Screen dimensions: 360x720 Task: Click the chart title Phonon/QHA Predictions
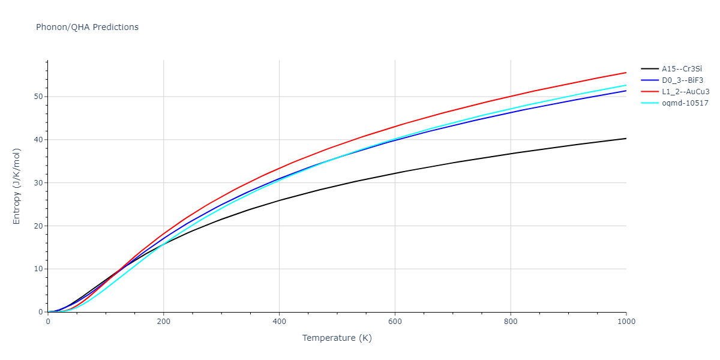(x=87, y=27)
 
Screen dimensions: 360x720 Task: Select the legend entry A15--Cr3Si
(x=681, y=69)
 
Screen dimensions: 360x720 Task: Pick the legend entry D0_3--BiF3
(x=681, y=80)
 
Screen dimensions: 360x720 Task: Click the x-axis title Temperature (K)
(x=337, y=338)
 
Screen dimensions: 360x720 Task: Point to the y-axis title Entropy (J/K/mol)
(x=17, y=186)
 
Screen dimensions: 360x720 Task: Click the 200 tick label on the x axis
(x=164, y=322)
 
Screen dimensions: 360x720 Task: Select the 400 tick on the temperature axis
(x=279, y=322)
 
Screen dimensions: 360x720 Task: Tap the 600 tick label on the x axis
(x=395, y=322)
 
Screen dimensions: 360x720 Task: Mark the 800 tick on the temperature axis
(x=511, y=322)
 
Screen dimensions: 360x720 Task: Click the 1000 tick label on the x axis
(x=626, y=322)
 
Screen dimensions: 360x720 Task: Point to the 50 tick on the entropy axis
(x=38, y=97)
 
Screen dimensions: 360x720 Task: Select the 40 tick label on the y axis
(x=38, y=140)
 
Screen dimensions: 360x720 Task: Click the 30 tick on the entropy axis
(x=38, y=183)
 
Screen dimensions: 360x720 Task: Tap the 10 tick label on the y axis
(x=38, y=269)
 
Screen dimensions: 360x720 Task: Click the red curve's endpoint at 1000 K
(x=626, y=73)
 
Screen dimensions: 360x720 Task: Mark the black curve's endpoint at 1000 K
(x=626, y=139)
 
